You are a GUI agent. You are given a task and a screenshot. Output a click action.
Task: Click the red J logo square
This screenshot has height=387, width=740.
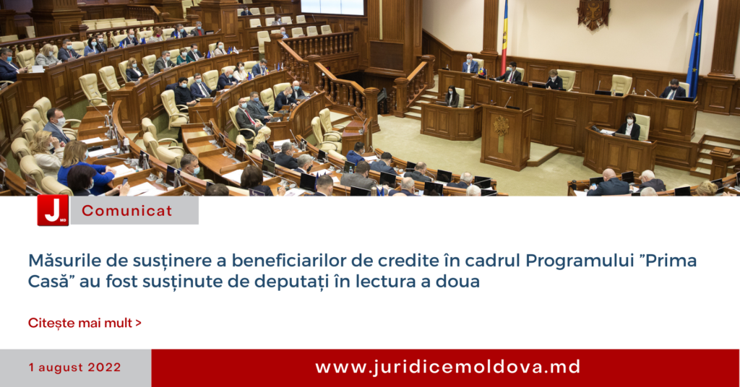click(x=53, y=210)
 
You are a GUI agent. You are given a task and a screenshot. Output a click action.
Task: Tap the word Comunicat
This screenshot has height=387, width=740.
click(x=127, y=211)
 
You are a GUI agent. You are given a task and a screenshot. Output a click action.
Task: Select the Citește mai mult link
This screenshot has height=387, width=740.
click(x=85, y=323)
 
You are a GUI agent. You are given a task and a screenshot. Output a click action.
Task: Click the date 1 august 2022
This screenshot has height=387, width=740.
click(x=74, y=368)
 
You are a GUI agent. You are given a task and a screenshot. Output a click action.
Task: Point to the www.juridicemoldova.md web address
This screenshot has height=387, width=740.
click(x=448, y=368)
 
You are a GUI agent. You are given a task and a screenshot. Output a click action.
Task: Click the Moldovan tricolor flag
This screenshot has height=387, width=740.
click(x=505, y=38)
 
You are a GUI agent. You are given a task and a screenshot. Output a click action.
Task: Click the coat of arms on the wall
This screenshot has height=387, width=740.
click(x=593, y=14)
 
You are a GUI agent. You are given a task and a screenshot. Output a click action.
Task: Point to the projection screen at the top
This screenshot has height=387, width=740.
click(x=332, y=7)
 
